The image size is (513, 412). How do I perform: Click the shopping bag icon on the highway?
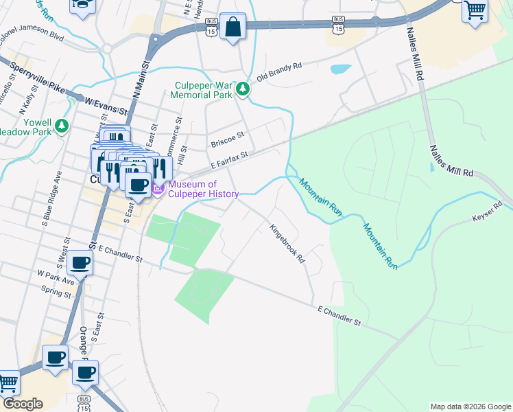233,27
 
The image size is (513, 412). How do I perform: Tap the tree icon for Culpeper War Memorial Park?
242,89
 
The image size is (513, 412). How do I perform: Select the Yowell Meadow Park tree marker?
62,125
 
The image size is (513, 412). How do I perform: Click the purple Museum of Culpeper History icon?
158,189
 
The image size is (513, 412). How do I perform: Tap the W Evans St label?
106,105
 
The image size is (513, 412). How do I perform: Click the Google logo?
22,404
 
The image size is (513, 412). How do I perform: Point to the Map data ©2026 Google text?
470,407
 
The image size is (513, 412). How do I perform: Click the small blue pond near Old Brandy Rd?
340,69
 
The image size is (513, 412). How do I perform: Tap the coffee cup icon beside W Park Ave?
80,263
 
